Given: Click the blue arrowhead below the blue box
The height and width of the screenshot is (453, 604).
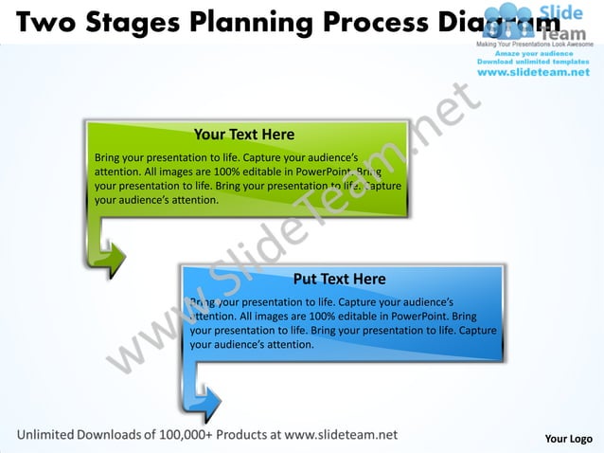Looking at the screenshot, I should point(207,403).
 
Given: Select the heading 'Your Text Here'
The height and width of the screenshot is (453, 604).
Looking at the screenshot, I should point(243,135).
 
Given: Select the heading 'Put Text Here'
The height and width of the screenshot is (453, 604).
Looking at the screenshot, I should point(339,279).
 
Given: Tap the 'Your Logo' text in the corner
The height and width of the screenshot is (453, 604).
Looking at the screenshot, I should point(568,438).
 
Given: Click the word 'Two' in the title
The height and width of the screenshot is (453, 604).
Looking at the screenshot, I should point(44,20).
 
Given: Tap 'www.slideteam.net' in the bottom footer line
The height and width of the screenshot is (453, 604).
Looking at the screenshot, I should point(341,434).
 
